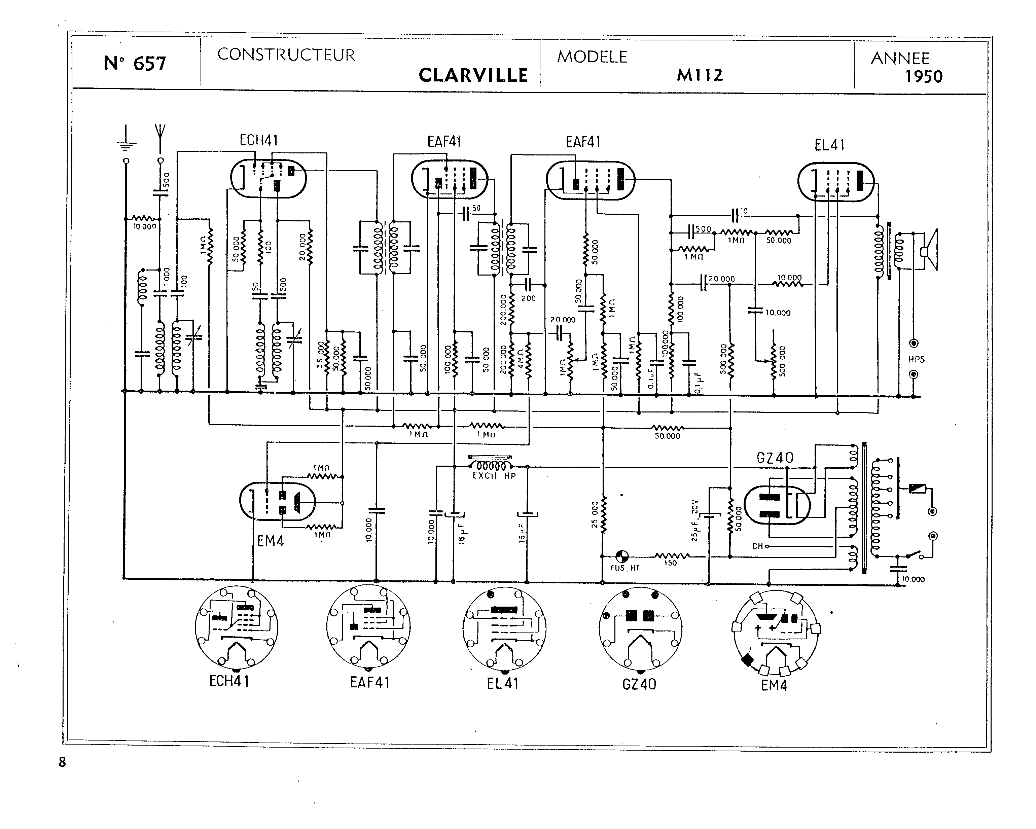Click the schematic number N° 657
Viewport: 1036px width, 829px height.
tap(135, 64)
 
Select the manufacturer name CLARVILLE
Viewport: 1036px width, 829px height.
tap(473, 75)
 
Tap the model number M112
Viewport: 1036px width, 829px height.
tap(700, 75)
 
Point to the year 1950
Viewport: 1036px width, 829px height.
tap(924, 77)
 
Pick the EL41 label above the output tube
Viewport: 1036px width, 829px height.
tap(829, 145)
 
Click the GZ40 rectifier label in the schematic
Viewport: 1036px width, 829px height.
tap(775, 458)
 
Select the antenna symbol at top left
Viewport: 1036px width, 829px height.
tap(160, 132)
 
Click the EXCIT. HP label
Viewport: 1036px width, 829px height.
tap(494, 476)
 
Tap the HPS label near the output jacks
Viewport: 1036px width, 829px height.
tap(916, 359)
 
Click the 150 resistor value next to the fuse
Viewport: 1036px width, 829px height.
tap(670, 563)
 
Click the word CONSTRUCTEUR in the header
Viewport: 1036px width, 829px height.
tap(286, 55)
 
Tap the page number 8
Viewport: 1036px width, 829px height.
tap(62, 762)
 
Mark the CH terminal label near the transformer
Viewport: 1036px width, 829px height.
tap(757, 546)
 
